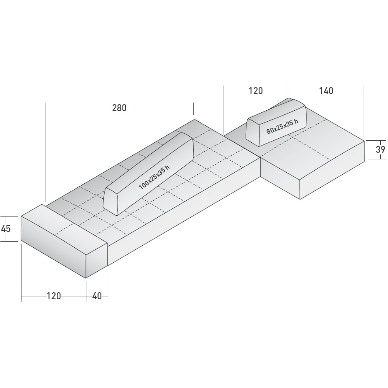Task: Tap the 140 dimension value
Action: (x=326, y=91)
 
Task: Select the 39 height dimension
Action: (x=380, y=149)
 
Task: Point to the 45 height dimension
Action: (x=6, y=228)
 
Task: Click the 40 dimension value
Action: (x=97, y=296)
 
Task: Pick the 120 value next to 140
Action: (x=255, y=91)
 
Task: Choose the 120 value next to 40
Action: (x=54, y=296)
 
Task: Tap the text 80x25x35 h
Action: (x=282, y=126)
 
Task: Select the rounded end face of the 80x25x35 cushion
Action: (x=254, y=131)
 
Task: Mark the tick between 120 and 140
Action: (x=288, y=91)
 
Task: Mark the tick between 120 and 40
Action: (x=86, y=296)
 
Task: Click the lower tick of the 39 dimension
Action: (x=377, y=159)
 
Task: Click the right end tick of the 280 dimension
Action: (x=193, y=108)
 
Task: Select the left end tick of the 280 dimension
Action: (x=45, y=108)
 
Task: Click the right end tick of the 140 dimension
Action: (x=364, y=91)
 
